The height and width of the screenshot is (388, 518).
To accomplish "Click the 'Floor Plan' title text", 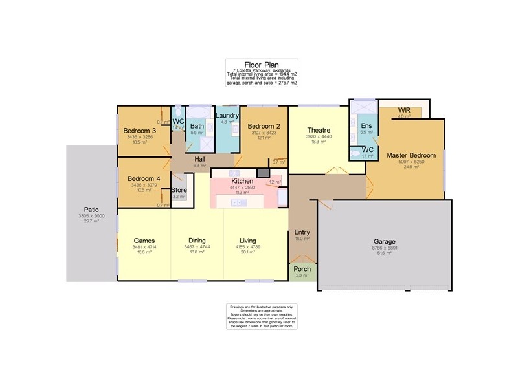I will coord(262,65).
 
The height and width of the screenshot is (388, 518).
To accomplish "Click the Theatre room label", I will coord(318,129).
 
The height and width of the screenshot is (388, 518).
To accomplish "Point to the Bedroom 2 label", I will coord(264,126).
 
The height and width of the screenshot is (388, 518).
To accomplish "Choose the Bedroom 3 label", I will coord(140,131).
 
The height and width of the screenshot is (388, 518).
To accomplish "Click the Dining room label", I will coord(197,239).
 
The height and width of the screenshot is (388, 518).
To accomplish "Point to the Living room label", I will coord(248,239).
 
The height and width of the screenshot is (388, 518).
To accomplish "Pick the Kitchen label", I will coord(243,181).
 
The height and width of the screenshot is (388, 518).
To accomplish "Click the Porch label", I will coord(302,268).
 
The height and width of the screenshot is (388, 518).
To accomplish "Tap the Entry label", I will coord(302,232).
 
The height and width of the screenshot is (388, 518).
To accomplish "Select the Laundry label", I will coord(227,115).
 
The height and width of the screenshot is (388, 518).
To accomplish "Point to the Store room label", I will coord(179,190).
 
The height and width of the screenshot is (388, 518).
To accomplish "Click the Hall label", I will coord(199,158).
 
